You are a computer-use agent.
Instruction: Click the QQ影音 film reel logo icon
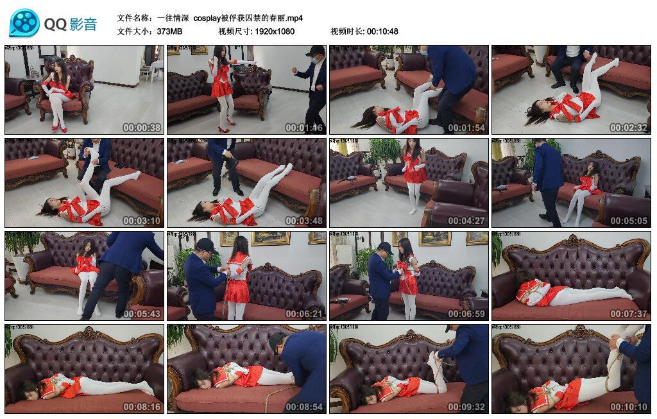click(24, 24)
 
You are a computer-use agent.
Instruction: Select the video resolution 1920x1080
click(274, 31)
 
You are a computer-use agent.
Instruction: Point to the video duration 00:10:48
click(382, 31)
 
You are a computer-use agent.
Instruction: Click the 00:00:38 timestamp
click(141, 128)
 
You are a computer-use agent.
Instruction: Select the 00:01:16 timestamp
click(303, 128)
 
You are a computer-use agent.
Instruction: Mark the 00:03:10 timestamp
click(141, 221)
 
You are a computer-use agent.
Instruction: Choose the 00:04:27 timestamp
click(466, 221)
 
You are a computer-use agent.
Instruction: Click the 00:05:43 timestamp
click(141, 314)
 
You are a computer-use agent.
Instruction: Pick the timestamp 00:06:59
click(466, 314)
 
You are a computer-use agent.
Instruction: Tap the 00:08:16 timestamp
click(141, 407)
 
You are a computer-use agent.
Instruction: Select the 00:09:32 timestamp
click(466, 407)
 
